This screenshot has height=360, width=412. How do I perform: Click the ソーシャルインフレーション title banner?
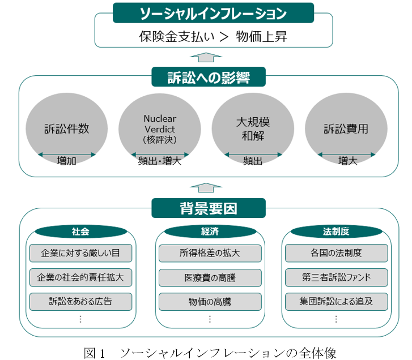213,13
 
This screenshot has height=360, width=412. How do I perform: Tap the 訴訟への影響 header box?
209,77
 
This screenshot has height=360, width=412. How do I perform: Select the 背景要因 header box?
209,208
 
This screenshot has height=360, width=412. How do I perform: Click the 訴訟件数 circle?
66,128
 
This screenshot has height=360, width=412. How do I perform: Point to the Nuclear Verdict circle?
159,128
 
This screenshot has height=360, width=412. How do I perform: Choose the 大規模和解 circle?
253,128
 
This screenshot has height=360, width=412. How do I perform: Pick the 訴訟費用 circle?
346,128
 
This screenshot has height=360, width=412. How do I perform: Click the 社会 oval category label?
80,232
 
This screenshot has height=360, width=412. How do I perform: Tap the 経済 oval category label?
210,232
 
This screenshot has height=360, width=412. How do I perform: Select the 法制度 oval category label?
336,232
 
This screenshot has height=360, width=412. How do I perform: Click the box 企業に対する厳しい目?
80,253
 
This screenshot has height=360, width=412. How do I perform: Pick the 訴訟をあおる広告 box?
80,302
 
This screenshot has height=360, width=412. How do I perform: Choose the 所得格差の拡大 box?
210,253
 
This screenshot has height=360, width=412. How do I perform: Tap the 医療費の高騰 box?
210,277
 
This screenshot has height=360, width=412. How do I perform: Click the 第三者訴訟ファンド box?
336,277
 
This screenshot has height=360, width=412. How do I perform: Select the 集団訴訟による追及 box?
336,302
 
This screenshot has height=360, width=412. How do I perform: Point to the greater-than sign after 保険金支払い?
224,37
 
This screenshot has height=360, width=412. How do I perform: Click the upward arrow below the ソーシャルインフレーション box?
206,57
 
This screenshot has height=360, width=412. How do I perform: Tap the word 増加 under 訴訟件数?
66,161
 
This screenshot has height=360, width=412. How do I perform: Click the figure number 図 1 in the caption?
94,353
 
